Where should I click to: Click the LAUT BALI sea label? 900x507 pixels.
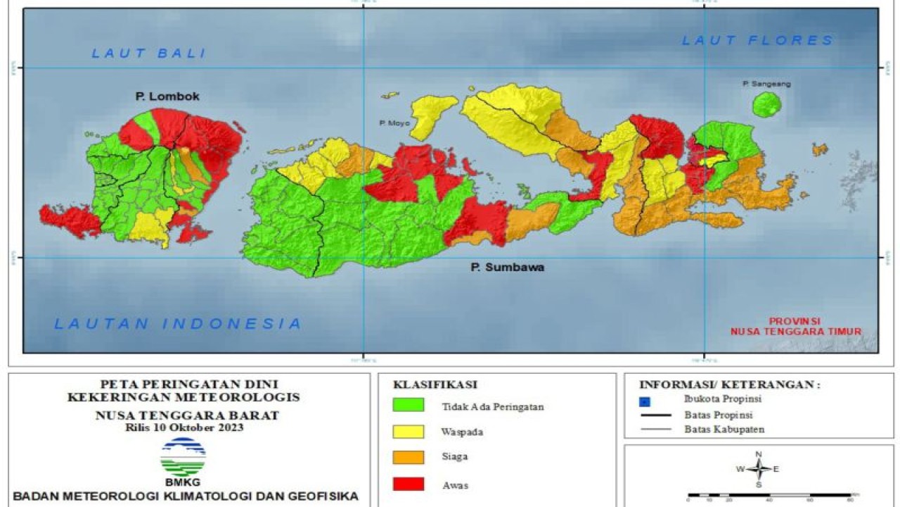[148, 53]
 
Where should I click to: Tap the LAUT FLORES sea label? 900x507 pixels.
[757, 41]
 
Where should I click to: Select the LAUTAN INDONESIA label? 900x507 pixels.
[179, 324]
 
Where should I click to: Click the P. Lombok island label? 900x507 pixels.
[167, 96]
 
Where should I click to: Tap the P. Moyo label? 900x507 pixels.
[392, 123]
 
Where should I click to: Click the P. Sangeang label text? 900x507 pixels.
[766, 84]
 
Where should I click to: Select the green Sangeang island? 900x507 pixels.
[766, 105]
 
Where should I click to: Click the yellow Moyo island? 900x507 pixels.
[430, 113]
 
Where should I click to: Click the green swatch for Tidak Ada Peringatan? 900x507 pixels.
[408, 405]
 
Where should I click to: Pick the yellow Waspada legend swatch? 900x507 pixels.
[408, 431]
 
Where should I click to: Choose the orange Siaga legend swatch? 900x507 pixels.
[408, 457]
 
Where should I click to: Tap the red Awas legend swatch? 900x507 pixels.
[408, 484]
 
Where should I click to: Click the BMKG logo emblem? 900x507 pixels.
[183, 457]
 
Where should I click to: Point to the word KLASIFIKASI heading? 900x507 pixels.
[435, 384]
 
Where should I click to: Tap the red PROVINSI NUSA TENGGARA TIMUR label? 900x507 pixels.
[795, 325]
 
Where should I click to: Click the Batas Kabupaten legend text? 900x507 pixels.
[724, 429]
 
